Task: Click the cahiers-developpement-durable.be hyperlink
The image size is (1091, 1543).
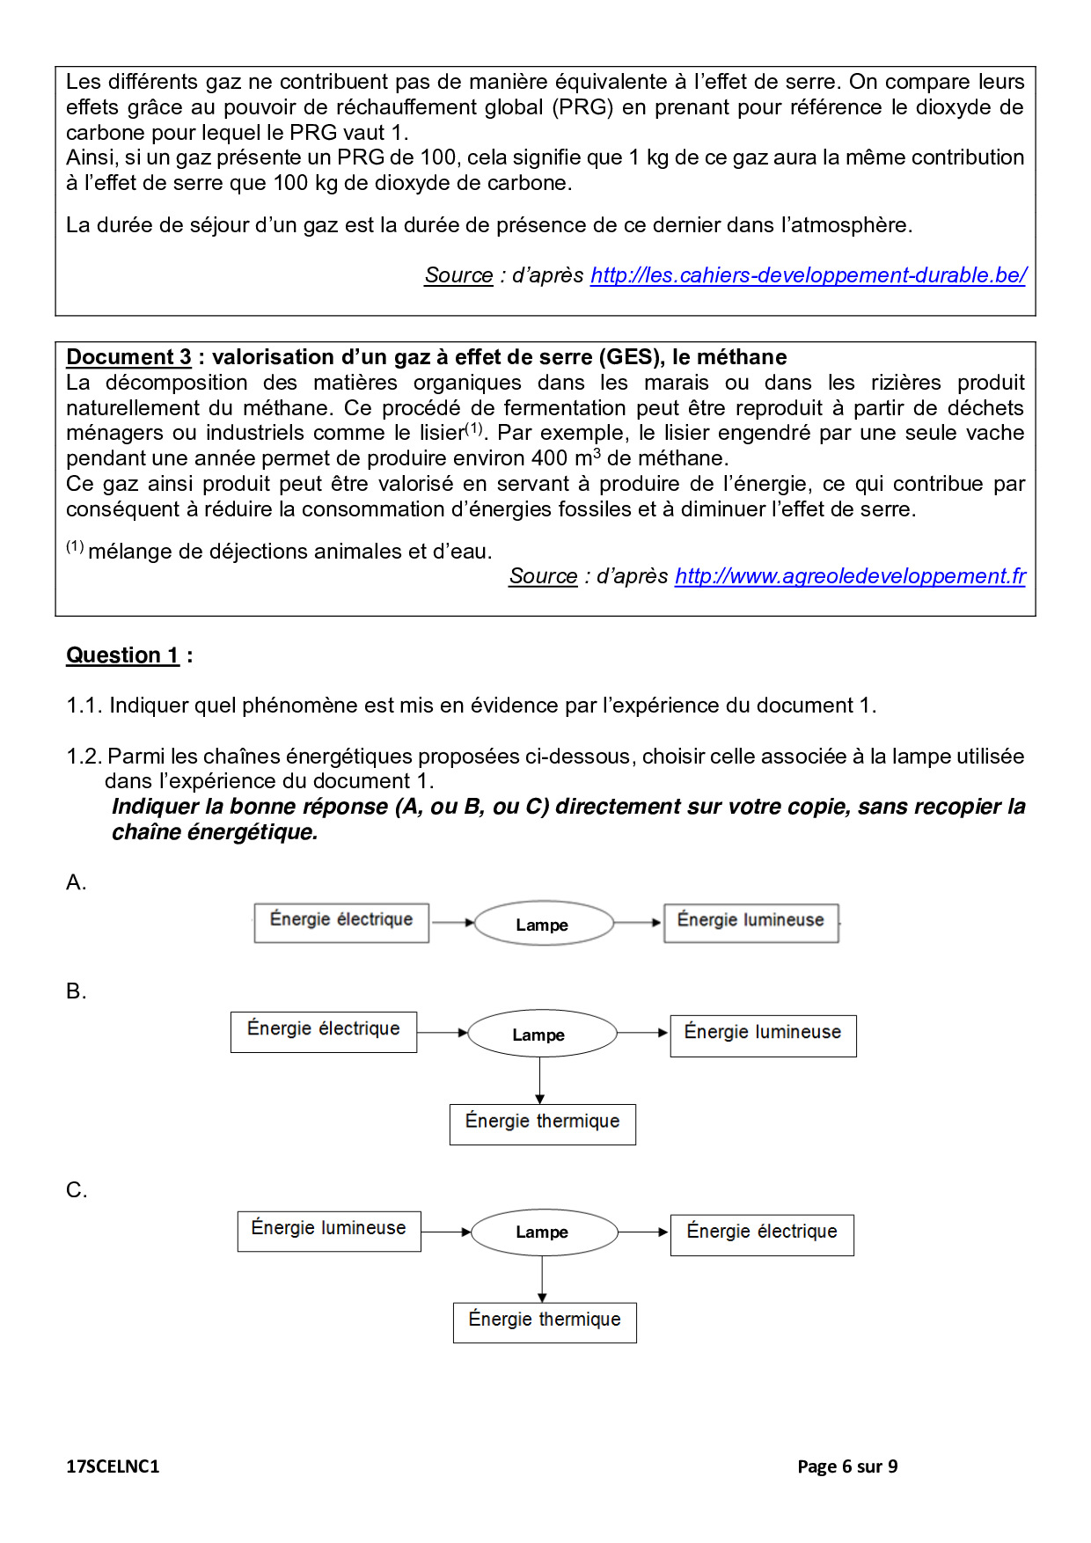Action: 808,275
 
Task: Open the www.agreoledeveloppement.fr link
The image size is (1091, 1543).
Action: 850,576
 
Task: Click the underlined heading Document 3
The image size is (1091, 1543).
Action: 128,357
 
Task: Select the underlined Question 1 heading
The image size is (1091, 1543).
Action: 122,655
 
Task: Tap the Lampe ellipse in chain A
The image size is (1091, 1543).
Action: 543,924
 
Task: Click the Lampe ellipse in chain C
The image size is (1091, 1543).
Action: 544,1232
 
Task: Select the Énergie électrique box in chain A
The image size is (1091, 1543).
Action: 341,923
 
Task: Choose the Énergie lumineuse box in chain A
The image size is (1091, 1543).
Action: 751,923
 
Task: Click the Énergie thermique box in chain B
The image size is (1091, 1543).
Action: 542,1123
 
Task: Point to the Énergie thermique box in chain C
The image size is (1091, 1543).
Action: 545,1322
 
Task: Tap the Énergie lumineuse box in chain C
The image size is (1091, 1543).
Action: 329,1231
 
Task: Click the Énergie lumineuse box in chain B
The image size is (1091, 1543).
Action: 763,1035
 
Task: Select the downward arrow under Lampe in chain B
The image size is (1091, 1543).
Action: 540,1080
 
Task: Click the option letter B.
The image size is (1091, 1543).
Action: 76,991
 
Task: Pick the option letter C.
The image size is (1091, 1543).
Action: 77,1190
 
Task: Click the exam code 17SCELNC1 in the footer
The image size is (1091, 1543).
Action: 113,1466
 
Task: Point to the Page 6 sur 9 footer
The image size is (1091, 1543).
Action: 847,1466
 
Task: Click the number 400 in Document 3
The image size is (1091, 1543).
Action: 550,458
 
